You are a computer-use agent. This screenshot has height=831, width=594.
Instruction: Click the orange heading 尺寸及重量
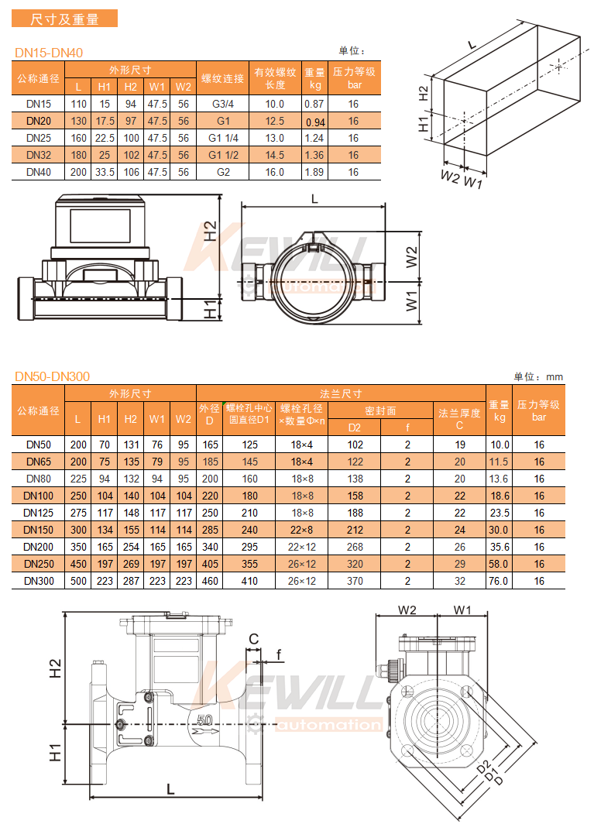(64, 19)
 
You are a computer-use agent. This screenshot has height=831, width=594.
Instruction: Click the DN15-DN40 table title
(49, 53)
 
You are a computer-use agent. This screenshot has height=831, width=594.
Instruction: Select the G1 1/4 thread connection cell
(223, 139)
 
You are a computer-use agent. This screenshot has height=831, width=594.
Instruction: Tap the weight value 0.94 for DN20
(315, 122)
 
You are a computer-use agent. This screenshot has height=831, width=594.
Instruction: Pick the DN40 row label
(39, 172)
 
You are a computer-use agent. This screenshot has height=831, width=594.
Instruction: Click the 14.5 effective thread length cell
(274, 156)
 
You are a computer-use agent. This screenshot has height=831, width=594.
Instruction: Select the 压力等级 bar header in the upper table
(354, 78)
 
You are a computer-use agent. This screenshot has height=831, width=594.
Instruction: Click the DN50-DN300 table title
(52, 376)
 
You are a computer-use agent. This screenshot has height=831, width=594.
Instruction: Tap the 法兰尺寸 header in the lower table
(341, 393)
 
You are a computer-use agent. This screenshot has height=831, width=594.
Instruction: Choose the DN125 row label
(39, 513)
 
